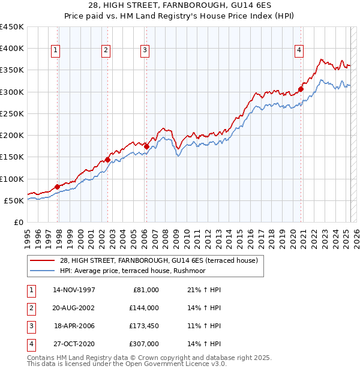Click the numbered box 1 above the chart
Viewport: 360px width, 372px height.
(55, 51)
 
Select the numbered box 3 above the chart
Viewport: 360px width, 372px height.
(145, 51)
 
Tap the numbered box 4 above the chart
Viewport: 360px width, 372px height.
(298, 51)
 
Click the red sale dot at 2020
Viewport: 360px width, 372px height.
(301, 89)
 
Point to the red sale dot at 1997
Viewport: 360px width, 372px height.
(58, 187)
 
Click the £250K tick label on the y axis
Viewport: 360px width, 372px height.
(12, 113)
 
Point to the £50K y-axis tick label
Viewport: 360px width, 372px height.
(14, 200)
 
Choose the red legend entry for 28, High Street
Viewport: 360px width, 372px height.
(158, 260)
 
